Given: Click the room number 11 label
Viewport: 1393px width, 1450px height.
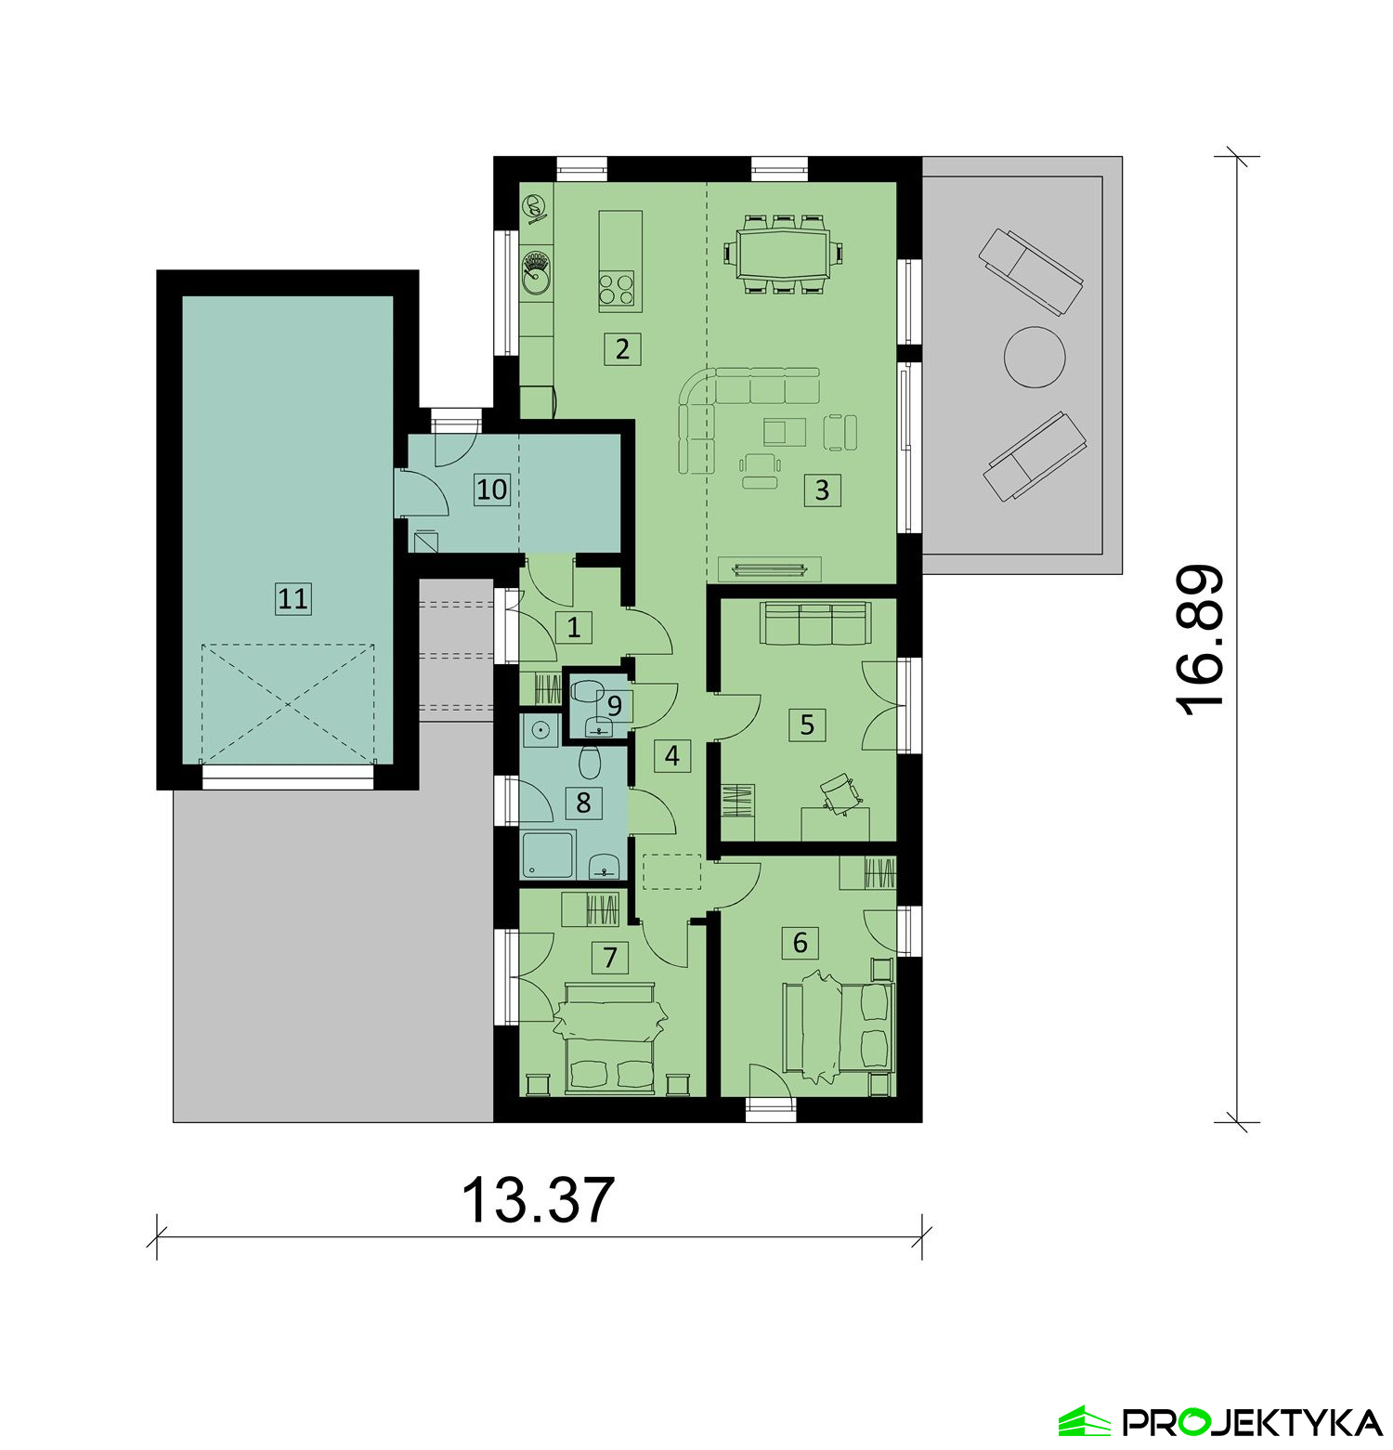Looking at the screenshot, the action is [x=293, y=598].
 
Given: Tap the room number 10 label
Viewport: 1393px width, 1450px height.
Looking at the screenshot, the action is [x=491, y=489].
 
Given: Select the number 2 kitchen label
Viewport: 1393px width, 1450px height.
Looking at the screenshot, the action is [x=622, y=349].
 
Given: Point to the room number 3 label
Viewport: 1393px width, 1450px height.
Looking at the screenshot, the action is [x=821, y=490].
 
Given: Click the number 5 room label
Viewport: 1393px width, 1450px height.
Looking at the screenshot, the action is [x=806, y=724].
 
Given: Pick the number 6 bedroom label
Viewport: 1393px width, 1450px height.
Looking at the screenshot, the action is [x=800, y=943].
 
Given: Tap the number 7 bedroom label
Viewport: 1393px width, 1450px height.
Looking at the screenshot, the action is [x=609, y=957].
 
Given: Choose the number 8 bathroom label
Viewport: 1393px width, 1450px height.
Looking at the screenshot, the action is [x=583, y=802].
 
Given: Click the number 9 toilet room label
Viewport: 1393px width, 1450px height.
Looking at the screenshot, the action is [x=614, y=706].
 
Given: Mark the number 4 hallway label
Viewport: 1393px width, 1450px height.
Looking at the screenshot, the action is [x=671, y=755].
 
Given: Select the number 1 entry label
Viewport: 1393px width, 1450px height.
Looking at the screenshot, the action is [x=573, y=627].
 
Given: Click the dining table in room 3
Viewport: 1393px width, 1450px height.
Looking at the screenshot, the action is [x=783, y=254].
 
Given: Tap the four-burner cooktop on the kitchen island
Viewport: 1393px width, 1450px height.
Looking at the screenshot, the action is [x=617, y=289].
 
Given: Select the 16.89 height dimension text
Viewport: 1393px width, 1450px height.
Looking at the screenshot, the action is [x=1202, y=641].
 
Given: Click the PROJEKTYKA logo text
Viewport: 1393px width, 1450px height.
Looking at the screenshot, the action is [x=1251, y=1422].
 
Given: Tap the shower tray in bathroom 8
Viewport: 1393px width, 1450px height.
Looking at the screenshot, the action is [x=549, y=855].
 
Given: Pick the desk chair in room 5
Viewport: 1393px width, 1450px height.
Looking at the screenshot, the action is [x=840, y=792].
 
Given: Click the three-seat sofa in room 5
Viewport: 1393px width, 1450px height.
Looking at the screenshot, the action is [x=814, y=622].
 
